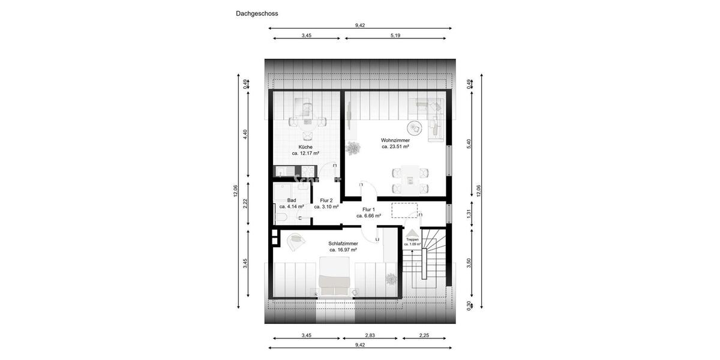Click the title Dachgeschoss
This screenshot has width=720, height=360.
click(257, 13)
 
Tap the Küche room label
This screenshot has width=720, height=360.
click(305, 147)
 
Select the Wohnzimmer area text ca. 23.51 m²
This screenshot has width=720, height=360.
click(395, 146)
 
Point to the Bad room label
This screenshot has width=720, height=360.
click(292, 200)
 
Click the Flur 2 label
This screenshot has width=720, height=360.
click(326, 200)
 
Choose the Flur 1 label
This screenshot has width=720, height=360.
click(368, 209)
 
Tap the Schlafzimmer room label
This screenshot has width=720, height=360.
click(343, 244)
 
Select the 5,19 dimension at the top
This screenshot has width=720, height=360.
click(395, 36)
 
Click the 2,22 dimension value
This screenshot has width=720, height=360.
click(245, 203)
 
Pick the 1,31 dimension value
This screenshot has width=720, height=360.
click(469, 213)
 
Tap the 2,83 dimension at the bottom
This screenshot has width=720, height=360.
click(370, 336)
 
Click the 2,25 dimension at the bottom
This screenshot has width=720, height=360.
click(424, 336)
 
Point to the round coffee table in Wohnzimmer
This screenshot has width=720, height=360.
click(414, 128)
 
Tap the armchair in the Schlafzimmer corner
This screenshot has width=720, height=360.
click(295, 241)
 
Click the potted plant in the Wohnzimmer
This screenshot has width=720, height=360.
click(353, 147)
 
